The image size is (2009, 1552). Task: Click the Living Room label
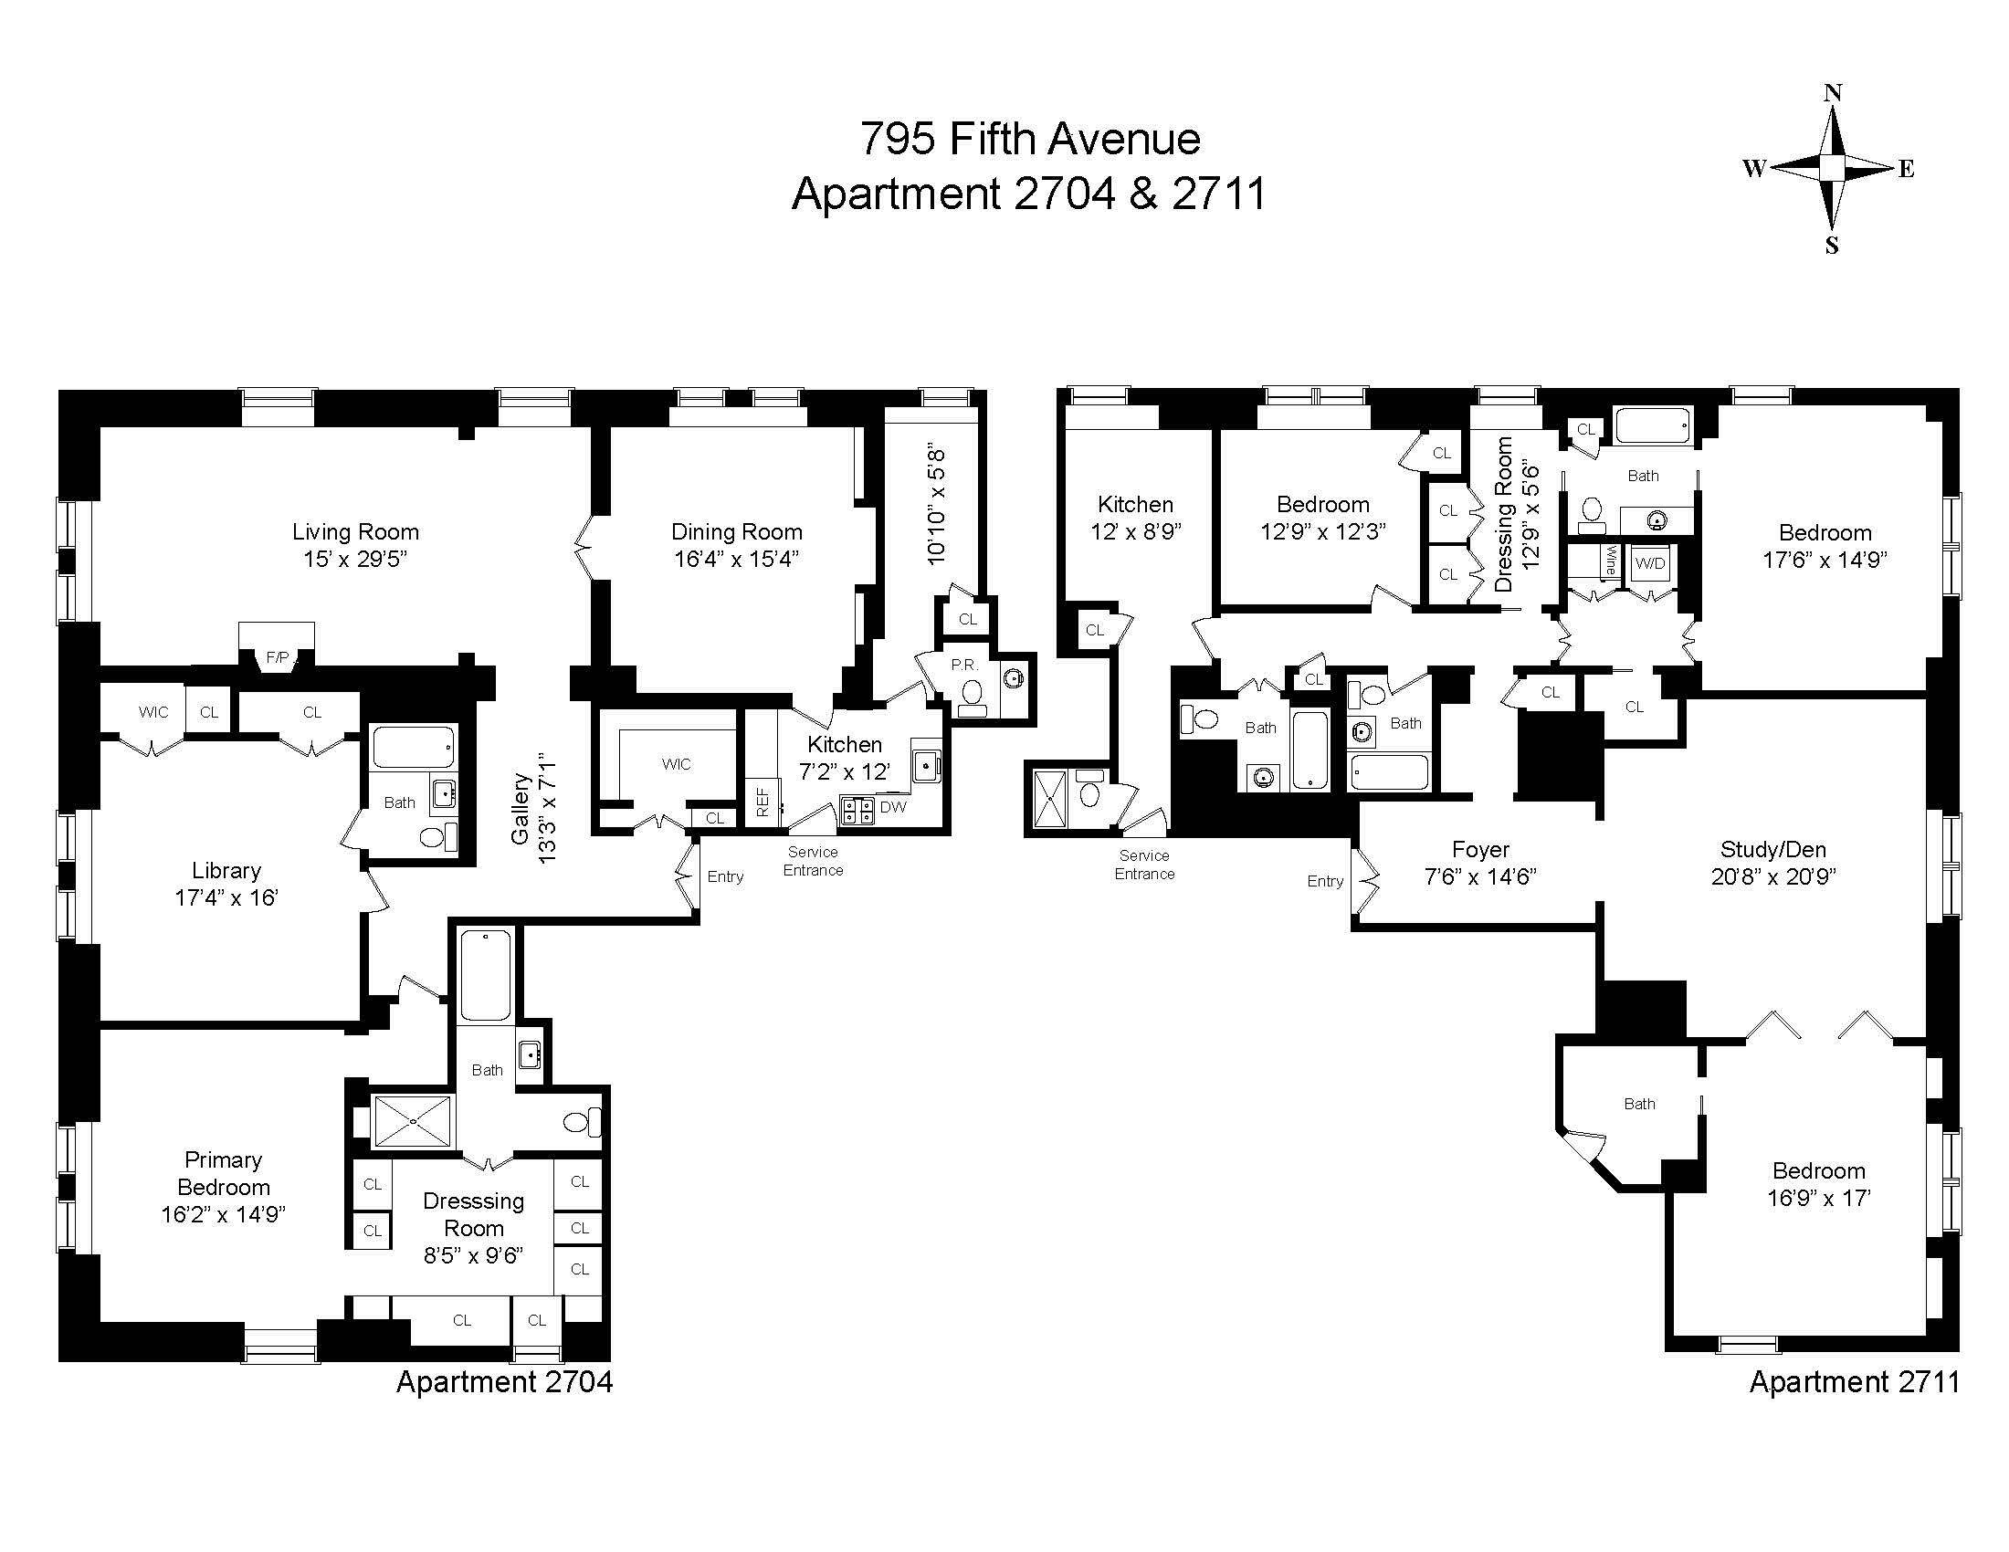[355, 531]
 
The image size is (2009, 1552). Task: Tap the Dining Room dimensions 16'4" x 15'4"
[736, 559]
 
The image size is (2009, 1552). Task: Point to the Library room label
[226, 870]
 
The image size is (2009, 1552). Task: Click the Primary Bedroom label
[224, 1172]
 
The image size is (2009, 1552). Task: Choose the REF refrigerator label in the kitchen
[763, 802]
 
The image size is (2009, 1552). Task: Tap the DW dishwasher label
[893, 807]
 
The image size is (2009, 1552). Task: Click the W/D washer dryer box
[1649, 563]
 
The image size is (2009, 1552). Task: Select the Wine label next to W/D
[1610, 561]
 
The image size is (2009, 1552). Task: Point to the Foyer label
[1480, 849]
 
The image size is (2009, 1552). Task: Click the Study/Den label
[1772, 849]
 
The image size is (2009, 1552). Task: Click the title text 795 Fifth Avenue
[1029, 139]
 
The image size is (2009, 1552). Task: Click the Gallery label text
[521, 809]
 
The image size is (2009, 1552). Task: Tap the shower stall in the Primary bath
[414, 1122]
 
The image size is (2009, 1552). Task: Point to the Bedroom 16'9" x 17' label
[1818, 1171]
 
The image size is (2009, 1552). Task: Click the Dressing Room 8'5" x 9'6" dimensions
[473, 1256]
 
